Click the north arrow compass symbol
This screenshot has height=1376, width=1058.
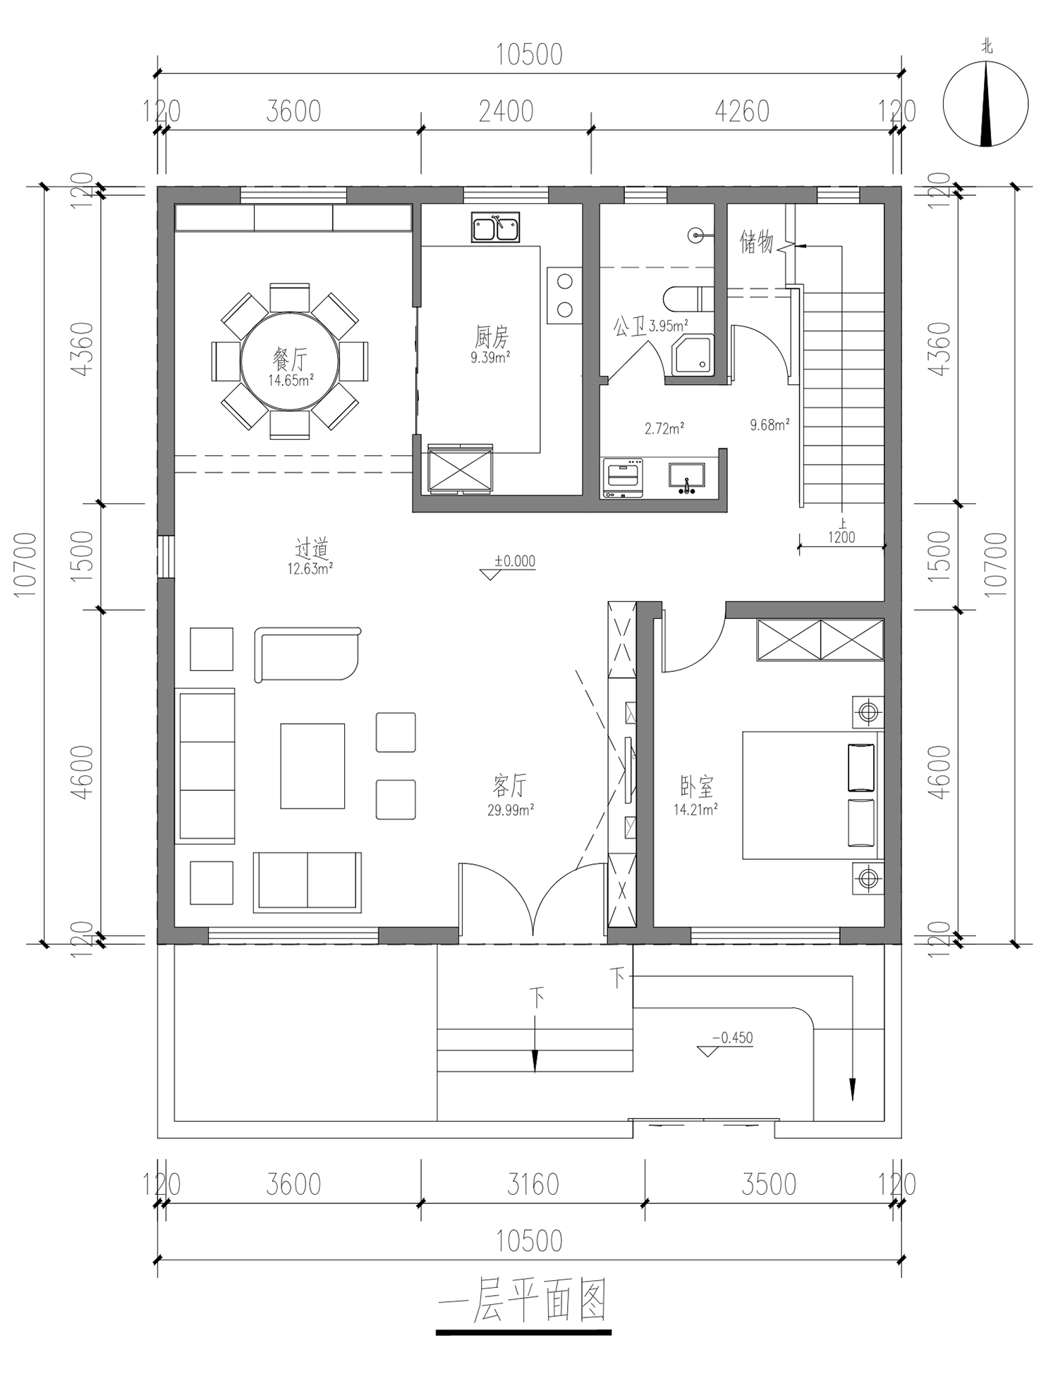[986, 104]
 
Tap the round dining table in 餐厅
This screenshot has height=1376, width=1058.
[290, 362]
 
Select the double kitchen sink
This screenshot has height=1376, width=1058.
[496, 227]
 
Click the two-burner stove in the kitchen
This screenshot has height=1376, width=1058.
[564, 295]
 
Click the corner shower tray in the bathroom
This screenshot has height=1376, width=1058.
[693, 355]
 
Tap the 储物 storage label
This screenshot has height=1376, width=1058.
[756, 242]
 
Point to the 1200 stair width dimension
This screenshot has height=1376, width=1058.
[841, 537]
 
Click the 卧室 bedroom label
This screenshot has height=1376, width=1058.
[697, 785]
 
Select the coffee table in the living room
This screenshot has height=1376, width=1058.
[312, 766]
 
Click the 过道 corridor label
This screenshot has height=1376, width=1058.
[311, 548]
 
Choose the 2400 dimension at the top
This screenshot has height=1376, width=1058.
[506, 111]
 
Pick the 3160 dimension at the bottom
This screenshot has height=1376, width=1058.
[533, 1184]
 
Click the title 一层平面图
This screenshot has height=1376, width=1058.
[523, 1301]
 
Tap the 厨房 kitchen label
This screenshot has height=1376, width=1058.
[491, 336]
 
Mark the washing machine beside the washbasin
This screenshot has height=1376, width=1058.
[623, 478]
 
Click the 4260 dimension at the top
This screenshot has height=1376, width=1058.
[742, 111]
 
